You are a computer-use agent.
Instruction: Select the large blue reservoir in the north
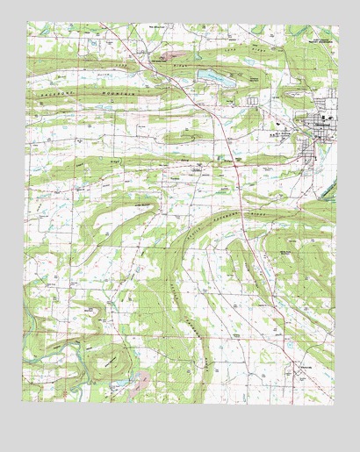click(214, 76)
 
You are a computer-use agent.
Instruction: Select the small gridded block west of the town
click(253, 103)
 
